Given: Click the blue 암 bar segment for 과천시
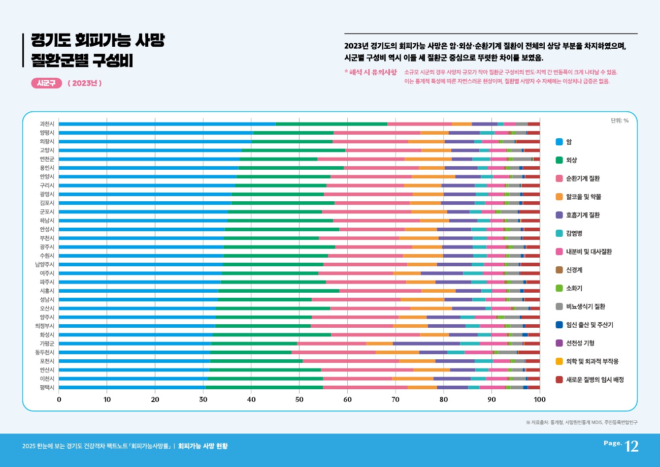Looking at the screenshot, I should click(167, 124).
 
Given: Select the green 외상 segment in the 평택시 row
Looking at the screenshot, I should click(264, 387).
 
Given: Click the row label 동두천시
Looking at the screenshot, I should click(46, 352).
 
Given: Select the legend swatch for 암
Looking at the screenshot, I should click(559, 142).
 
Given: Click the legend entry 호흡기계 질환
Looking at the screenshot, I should click(583, 215).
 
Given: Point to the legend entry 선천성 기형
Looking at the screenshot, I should click(580, 343).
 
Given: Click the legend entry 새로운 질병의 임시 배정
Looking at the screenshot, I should click(595, 380).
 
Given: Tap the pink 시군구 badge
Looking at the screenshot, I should click(47, 83).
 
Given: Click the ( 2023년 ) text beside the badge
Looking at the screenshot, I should click(85, 83).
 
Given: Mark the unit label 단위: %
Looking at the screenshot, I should click(619, 120).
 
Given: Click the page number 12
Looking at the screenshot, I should click(632, 446).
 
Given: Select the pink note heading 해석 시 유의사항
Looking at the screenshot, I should click(371, 72).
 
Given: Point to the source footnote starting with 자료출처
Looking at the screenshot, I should click(582, 422).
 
